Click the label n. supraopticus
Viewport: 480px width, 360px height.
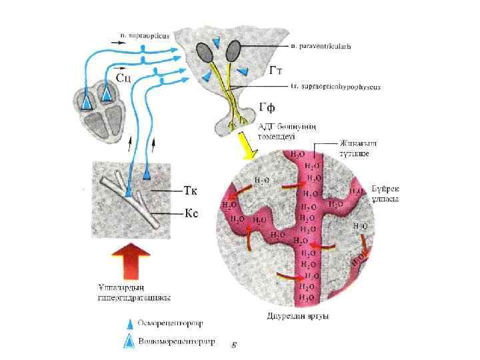145,31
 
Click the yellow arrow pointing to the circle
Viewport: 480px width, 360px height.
247,148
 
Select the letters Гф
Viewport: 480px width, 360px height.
268,107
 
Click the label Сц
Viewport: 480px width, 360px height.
124,79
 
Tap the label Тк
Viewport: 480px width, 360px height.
190,190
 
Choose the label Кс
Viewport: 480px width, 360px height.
190,214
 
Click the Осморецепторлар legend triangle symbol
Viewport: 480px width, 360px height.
127,324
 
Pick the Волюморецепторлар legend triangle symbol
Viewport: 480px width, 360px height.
127,341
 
